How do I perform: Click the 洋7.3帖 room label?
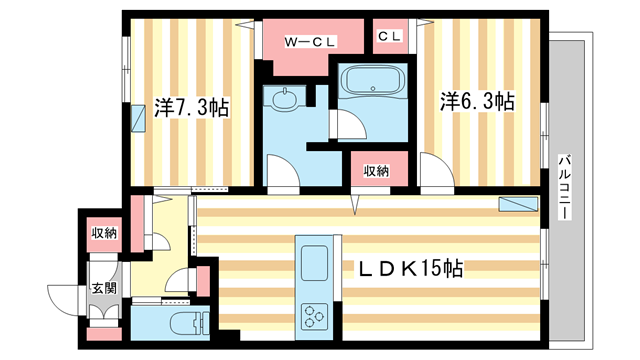[x=193, y=107]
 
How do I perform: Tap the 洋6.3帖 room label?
[x=479, y=102]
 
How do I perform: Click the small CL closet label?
[x=389, y=37]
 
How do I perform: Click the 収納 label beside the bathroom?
[x=376, y=171]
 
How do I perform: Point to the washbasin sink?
[x=281, y=99]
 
